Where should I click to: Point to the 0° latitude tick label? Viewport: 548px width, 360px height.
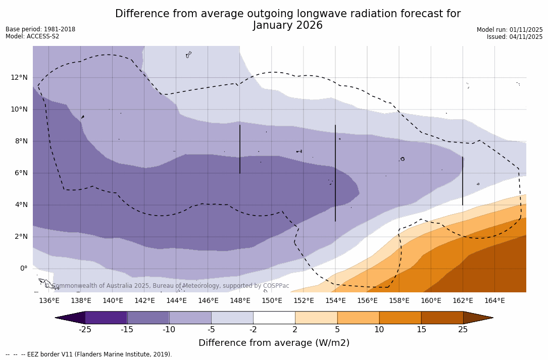point(24,269)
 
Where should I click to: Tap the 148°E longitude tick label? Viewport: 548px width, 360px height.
point(240,301)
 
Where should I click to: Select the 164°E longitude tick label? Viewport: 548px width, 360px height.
point(494,301)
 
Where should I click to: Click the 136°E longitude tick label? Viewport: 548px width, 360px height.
point(49,301)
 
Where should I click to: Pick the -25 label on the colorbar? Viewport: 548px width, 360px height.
point(85,330)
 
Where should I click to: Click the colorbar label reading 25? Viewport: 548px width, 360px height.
point(463,330)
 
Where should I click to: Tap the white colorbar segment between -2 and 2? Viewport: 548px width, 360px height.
point(274,318)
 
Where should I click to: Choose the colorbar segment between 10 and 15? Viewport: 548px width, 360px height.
point(400,318)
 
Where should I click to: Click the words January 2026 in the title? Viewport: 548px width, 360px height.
point(288,25)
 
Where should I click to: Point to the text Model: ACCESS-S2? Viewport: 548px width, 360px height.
point(32,36)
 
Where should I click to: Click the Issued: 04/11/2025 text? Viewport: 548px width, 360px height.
point(515,37)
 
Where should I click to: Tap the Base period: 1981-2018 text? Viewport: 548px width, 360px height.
point(40,29)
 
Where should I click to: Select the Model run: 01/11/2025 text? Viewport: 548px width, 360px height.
point(510,30)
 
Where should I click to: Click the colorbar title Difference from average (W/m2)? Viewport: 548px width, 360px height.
point(274,343)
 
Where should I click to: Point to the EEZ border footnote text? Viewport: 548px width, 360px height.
point(89,354)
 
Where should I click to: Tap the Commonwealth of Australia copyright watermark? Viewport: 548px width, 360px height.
point(167,286)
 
